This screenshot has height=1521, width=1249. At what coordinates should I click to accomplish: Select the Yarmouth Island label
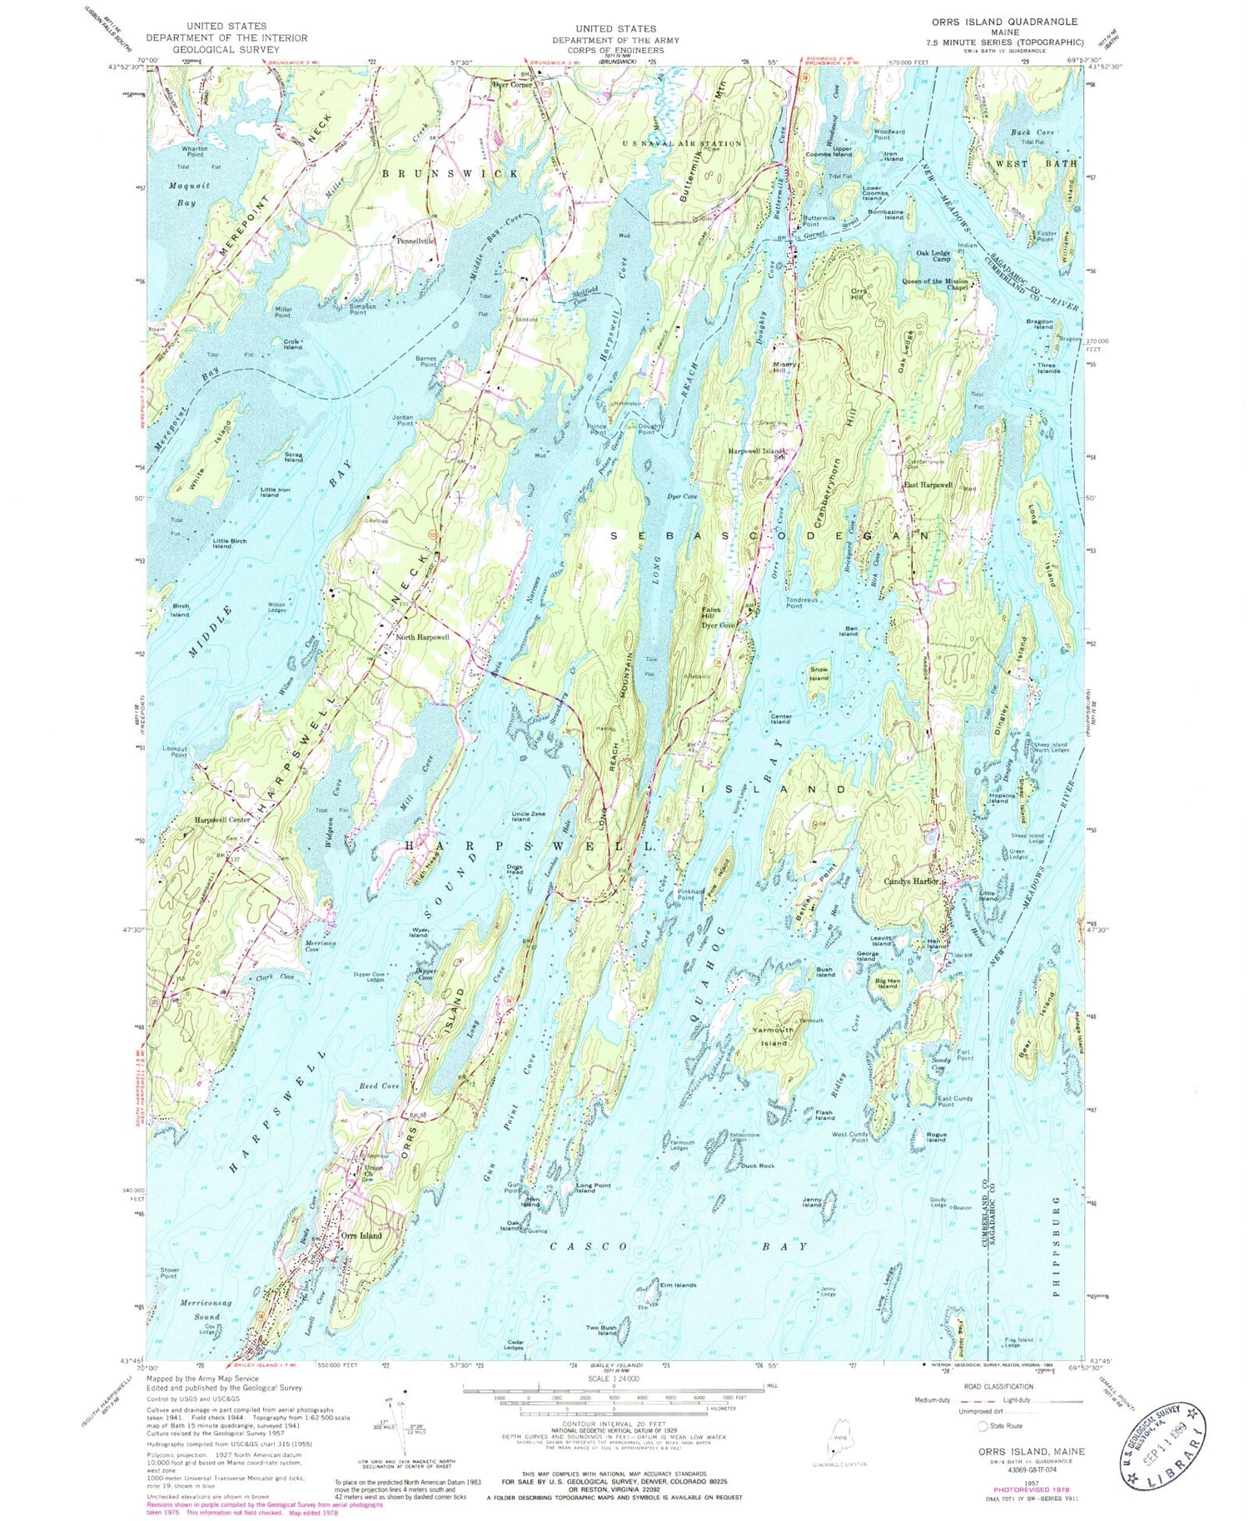point(773,1036)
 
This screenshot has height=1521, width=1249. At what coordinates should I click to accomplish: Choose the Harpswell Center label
point(222,820)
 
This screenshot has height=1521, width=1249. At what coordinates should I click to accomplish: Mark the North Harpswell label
point(422,637)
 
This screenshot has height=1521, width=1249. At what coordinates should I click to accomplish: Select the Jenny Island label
point(813,1201)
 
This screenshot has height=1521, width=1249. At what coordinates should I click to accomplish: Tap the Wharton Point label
point(194,152)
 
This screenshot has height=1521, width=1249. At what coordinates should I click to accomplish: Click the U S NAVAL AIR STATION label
point(682,143)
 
